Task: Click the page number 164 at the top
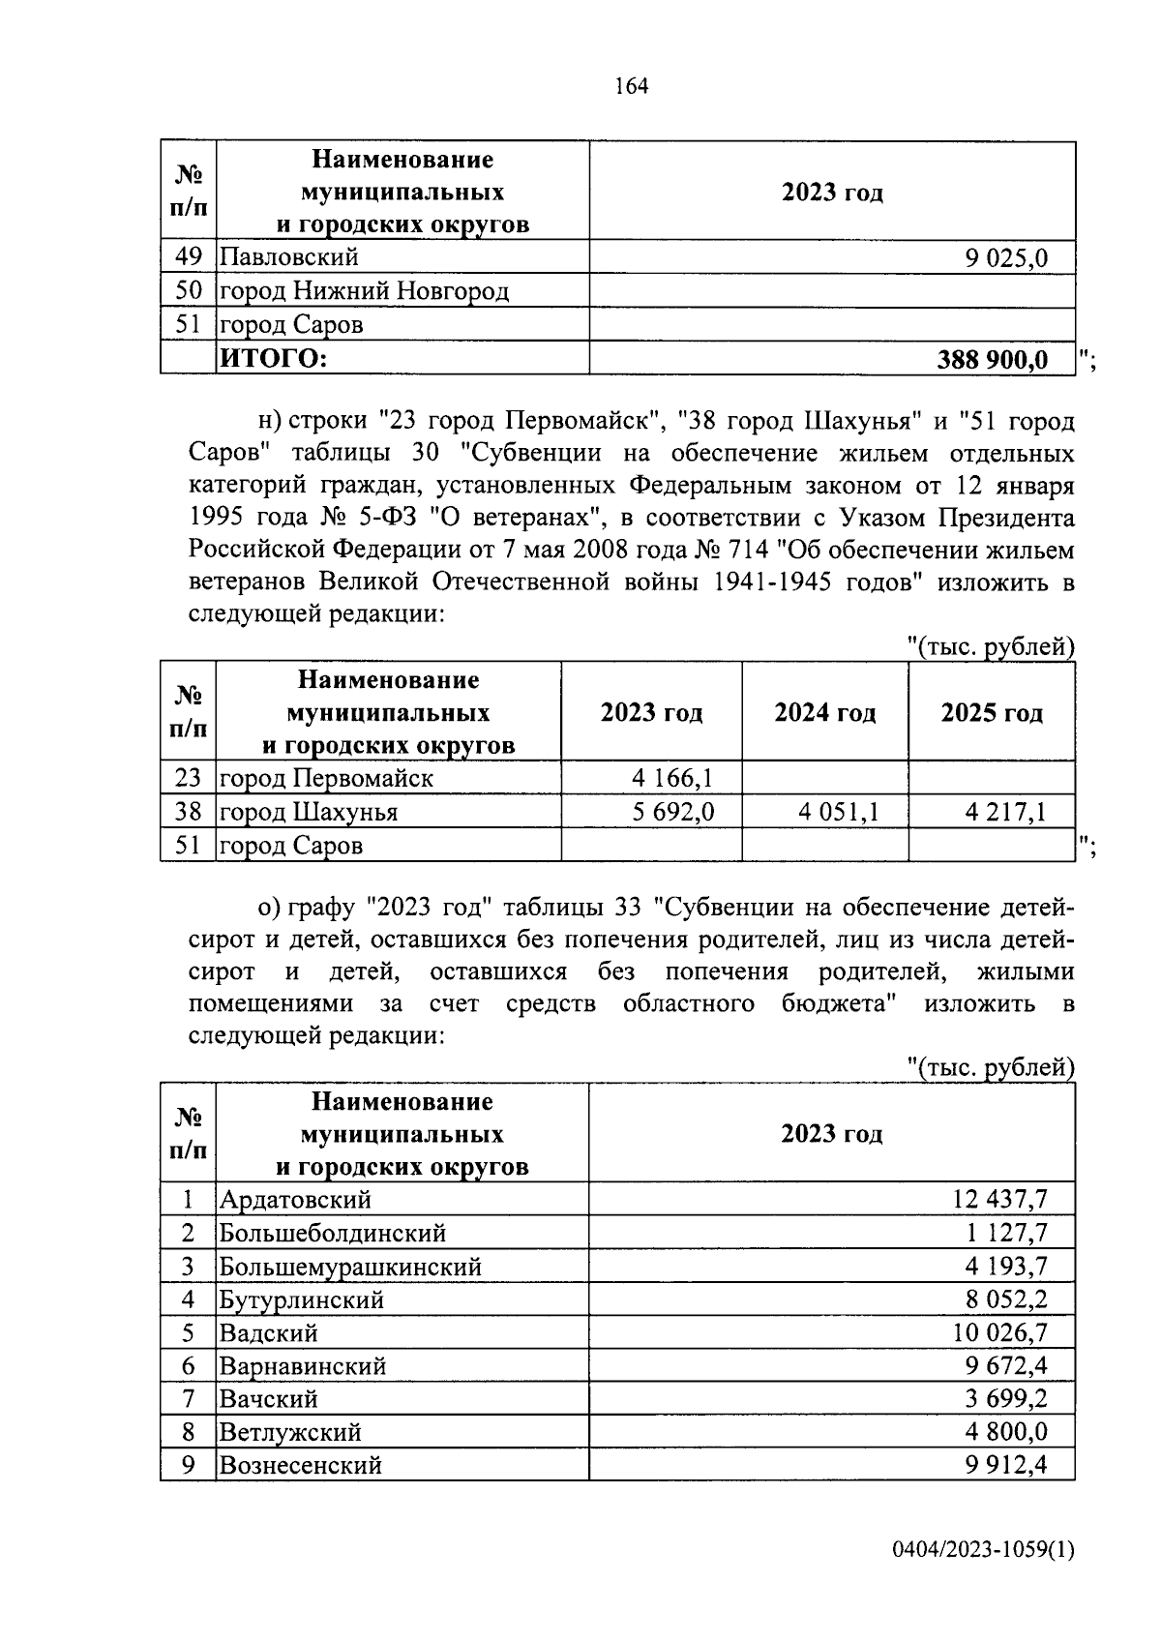(630, 86)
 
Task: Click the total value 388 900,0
(992, 360)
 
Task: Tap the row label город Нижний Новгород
(364, 291)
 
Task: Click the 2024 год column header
(824, 713)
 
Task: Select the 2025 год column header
(992, 713)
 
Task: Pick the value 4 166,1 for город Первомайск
(672, 778)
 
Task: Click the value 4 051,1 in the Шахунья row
(838, 812)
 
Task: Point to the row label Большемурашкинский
(350, 1267)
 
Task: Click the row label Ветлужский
(290, 1432)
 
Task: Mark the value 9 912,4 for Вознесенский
(1004, 1465)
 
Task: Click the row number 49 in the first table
(188, 257)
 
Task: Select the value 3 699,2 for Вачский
(1004, 1399)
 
